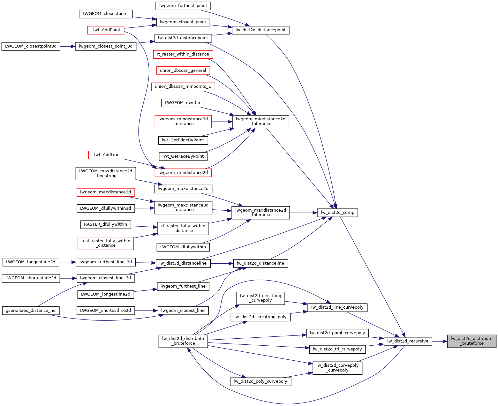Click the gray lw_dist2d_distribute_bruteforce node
click(472, 341)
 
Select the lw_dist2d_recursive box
click(408, 341)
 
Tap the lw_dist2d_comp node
click(337, 213)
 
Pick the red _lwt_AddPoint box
click(106, 30)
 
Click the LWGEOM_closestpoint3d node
click(31, 46)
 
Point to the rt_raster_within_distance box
click(183, 54)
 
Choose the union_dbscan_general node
click(183, 71)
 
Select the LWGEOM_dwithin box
click(183, 103)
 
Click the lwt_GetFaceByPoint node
click(183, 156)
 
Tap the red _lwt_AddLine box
click(106, 155)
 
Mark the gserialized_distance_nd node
click(31, 311)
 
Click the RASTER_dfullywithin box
click(105, 224)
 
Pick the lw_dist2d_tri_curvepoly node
click(337, 349)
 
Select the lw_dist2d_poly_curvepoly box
click(260, 381)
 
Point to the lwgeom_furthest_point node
click(183, 6)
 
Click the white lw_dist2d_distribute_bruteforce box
click(183, 341)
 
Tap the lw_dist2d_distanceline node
click(260, 263)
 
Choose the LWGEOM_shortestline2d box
click(105, 311)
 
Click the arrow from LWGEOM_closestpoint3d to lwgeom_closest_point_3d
click(67, 46)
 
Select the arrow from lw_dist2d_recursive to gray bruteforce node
click(440, 341)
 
